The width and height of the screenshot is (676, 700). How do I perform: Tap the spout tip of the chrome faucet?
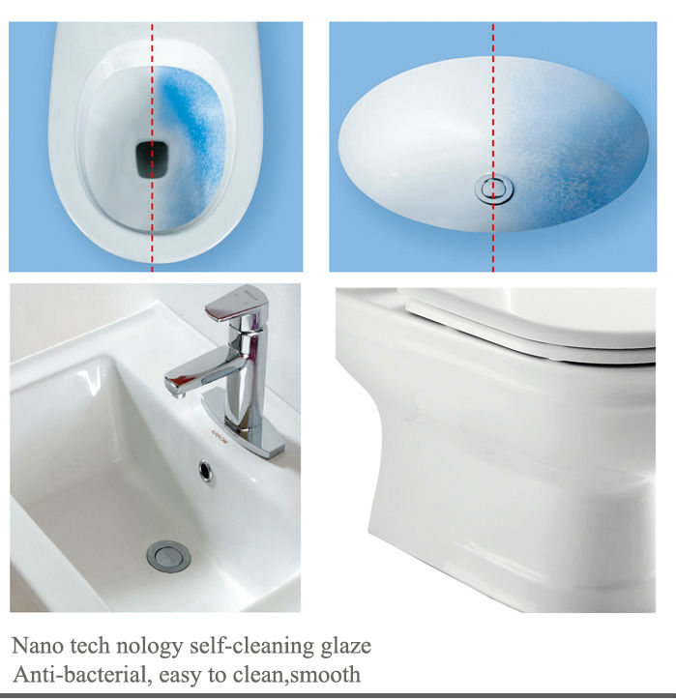(x=174, y=387)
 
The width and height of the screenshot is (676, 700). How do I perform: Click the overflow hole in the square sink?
(x=206, y=470)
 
